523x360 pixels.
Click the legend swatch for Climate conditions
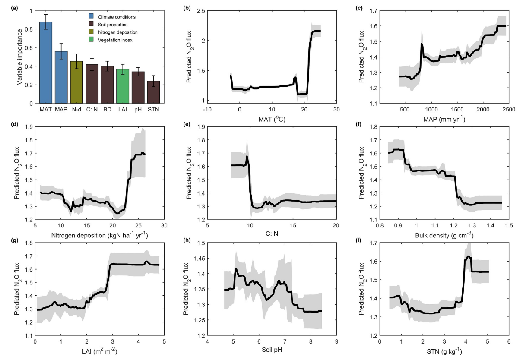[x=92, y=17]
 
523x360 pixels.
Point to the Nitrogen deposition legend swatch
[x=92, y=32]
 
